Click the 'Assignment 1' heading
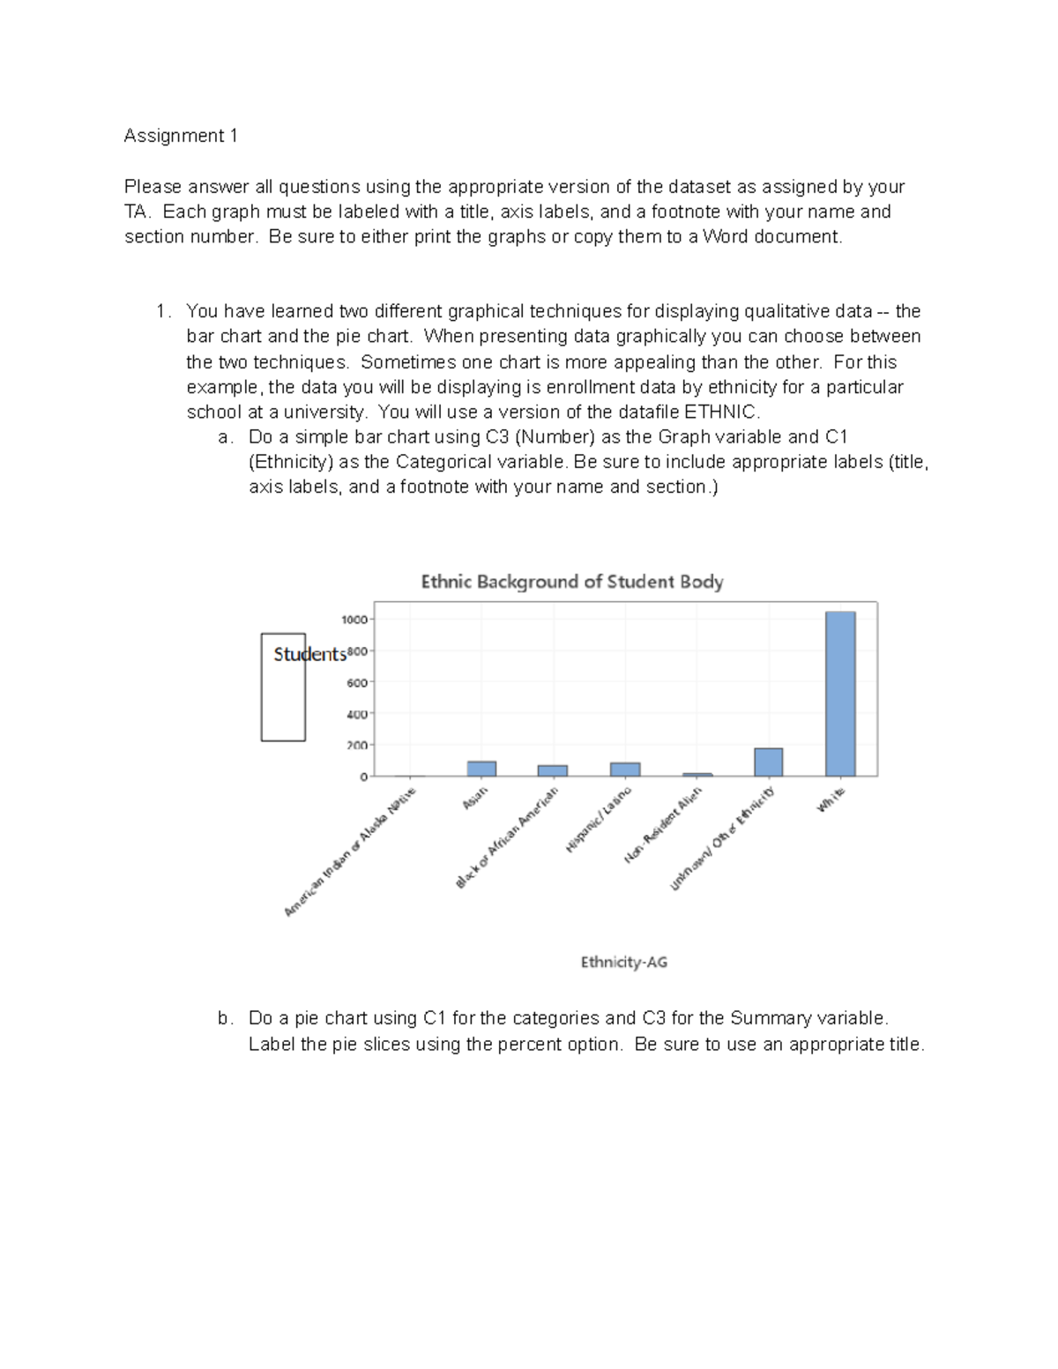click(x=181, y=136)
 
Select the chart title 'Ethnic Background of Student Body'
click(x=571, y=582)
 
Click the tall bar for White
click(x=840, y=694)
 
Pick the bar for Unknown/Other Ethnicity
click(x=768, y=763)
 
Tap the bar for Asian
click(x=481, y=769)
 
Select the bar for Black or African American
click(x=553, y=770)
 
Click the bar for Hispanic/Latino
click(x=625, y=770)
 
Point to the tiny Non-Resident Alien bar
click(x=697, y=775)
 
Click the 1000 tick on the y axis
click(x=354, y=620)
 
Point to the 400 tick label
click(x=356, y=714)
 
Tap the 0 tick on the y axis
click(x=363, y=777)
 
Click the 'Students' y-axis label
click(x=309, y=654)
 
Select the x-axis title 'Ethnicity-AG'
click(x=623, y=962)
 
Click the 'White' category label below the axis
click(x=831, y=800)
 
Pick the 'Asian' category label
click(x=475, y=799)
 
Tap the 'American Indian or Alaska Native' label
click(x=350, y=852)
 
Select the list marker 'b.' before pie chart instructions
click(x=226, y=1018)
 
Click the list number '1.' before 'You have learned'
click(x=163, y=311)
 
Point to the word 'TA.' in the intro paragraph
click(x=138, y=212)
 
